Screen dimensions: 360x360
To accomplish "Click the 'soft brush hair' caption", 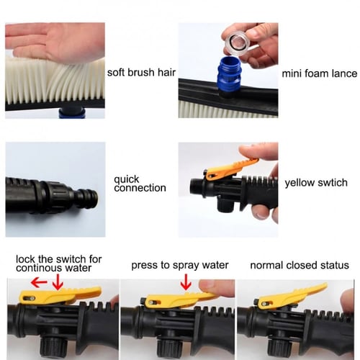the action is coord(141,73).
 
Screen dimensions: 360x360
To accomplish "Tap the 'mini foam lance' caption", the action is coord(320,73).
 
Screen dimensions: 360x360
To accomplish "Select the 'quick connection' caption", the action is coord(140,184).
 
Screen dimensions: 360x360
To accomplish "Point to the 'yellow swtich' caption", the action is coord(316,183).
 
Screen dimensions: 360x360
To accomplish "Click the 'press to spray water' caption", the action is coord(180,265).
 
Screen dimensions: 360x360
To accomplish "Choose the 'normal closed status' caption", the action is coord(300,265).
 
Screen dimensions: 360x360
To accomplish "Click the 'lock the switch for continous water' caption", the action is coord(59,264).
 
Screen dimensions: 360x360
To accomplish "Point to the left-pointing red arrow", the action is coord(39,282).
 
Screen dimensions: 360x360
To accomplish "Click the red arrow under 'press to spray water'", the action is coord(186,282).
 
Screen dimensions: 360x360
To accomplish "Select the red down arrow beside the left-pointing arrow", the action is coord(58,282).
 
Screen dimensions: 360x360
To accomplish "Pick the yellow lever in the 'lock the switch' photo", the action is coord(59,295).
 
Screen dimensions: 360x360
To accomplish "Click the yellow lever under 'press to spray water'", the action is coord(179,300).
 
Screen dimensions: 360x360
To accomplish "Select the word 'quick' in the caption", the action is coord(127,179).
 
